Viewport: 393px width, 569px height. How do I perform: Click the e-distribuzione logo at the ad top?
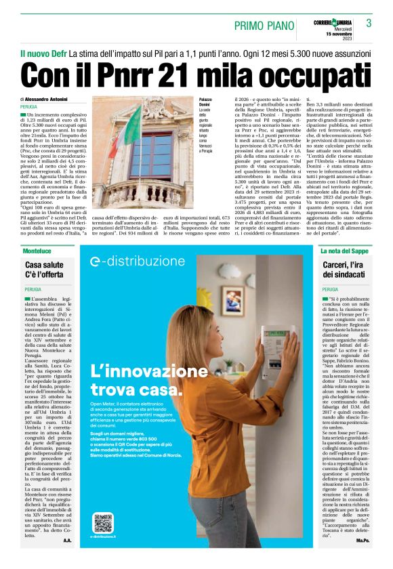click(134, 261)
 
